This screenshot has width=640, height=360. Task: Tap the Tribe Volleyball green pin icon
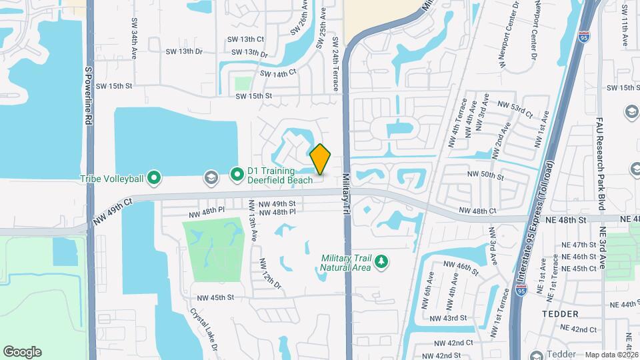155,178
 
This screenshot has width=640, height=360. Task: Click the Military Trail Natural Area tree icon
381,261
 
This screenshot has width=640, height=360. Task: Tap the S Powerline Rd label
87,96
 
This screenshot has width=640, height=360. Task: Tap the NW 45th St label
215,297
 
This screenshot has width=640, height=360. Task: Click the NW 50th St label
485,175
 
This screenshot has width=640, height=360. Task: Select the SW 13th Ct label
246,39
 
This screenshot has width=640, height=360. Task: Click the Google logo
22,351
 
